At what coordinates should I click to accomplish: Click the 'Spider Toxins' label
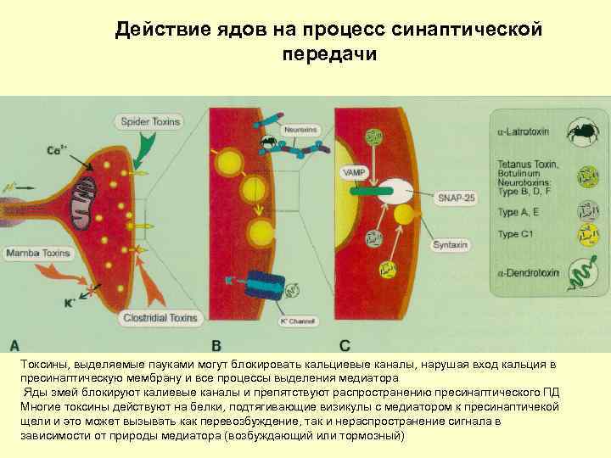[150, 121]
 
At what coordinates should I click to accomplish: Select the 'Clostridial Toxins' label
[160, 319]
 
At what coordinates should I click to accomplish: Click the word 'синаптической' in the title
[466, 31]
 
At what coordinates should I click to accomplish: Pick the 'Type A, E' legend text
[519, 212]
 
